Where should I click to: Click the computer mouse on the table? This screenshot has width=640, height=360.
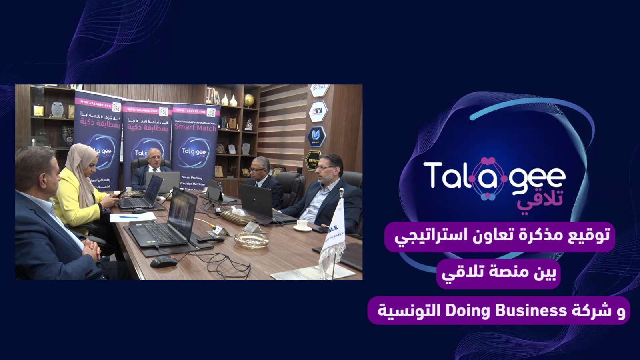pyautogui.click(x=164, y=262)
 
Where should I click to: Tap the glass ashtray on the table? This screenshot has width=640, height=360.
pyautogui.click(x=251, y=239)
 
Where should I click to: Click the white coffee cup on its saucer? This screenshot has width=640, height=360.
pyautogui.click(x=302, y=225)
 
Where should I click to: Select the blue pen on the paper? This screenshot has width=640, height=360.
pyautogui.click(x=129, y=217)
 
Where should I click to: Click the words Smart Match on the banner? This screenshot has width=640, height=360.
pyautogui.click(x=195, y=128)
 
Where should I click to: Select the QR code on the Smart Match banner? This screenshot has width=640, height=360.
pyautogui.click(x=211, y=112)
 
